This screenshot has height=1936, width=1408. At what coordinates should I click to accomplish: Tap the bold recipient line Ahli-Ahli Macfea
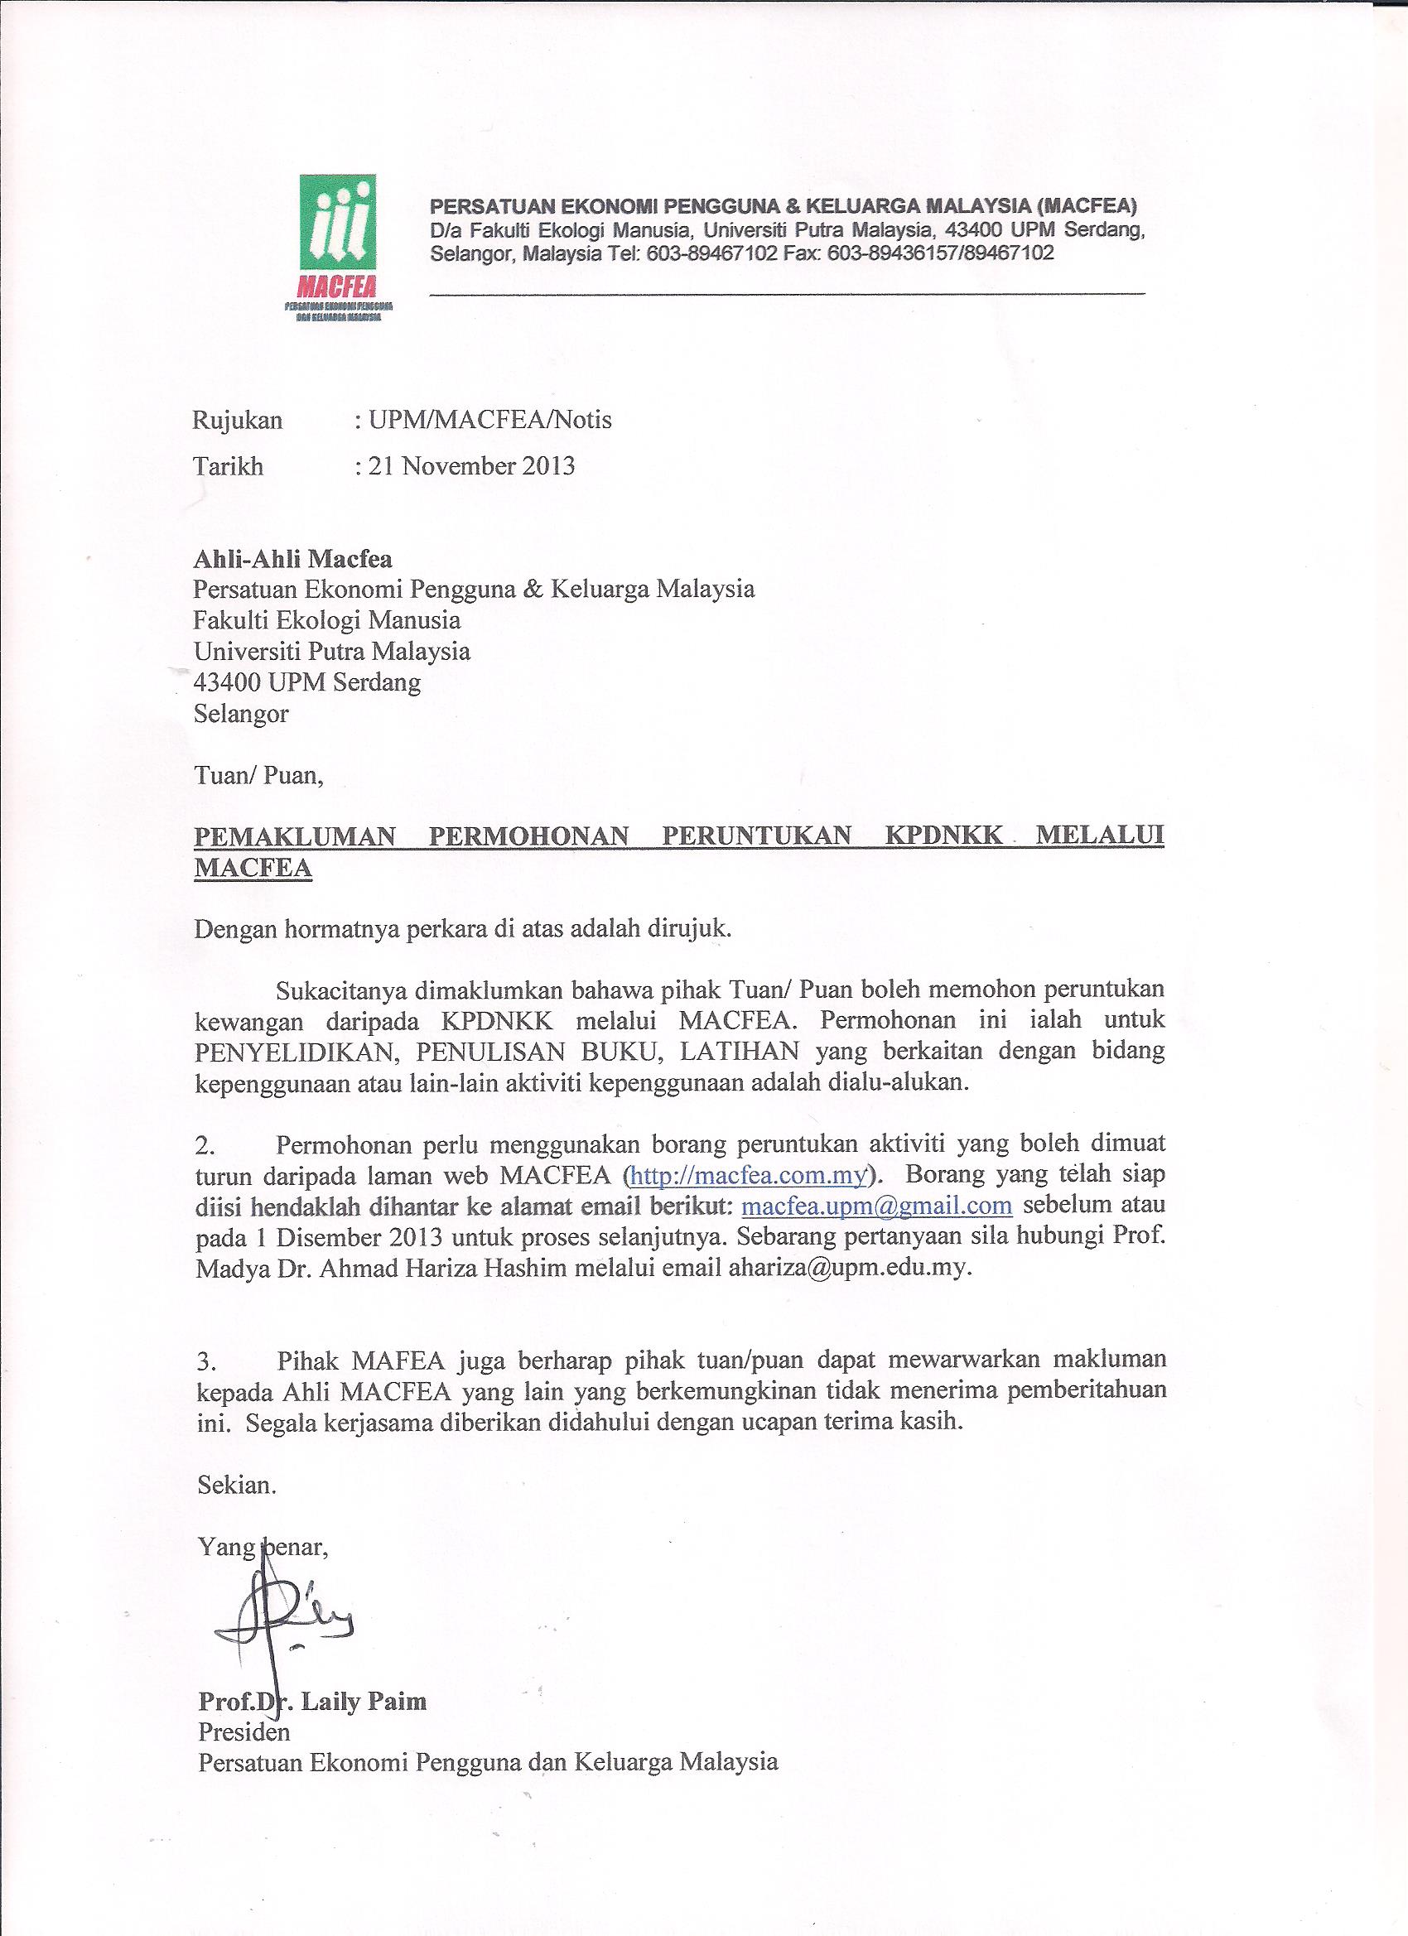(x=293, y=559)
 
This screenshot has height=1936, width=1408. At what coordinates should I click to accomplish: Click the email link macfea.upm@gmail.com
(x=877, y=1206)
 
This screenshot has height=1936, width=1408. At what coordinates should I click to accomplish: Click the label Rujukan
(x=238, y=420)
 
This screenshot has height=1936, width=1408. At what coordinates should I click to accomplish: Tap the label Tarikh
(x=228, y=466)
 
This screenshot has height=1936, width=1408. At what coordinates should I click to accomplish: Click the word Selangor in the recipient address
(x=242, y=714)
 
